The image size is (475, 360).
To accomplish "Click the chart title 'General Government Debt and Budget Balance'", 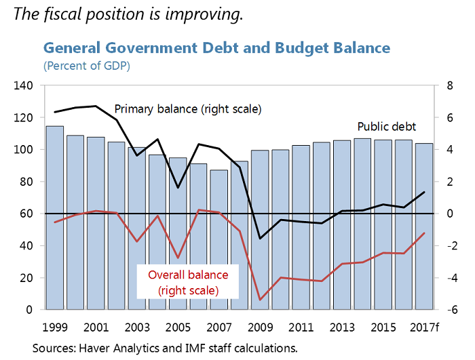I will [x=216, y=48].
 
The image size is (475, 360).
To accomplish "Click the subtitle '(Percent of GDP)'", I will [x=87, y=66].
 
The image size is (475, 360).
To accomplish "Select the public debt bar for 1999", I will [x=54, y=217].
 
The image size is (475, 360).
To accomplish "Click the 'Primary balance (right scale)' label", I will [x=187, y=108].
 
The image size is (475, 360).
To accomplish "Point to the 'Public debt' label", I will [x=386, y=127].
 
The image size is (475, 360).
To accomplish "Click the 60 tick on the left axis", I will [x=26, y=214].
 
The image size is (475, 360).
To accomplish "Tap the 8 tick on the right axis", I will [x=449, y=86].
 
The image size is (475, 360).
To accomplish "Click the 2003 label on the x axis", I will [x=136, y=327].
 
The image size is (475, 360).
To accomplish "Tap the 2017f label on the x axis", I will [x=425, y=327].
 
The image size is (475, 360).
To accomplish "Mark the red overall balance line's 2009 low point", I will [x=259, y=300].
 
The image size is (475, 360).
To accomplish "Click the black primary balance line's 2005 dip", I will [x=178, y=188].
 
